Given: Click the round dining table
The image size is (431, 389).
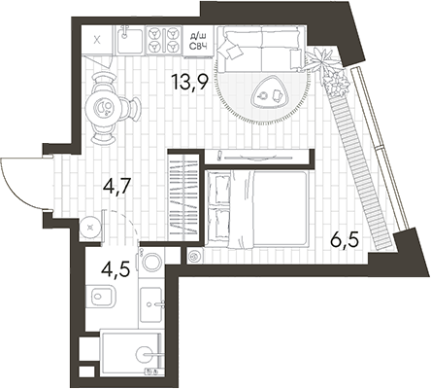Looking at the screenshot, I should coord(104,105).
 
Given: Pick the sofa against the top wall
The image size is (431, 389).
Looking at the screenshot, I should coord(257,45).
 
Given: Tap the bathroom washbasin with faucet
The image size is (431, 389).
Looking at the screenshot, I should coord(152,307).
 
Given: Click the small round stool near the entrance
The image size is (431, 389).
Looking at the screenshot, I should coord(89,227).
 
